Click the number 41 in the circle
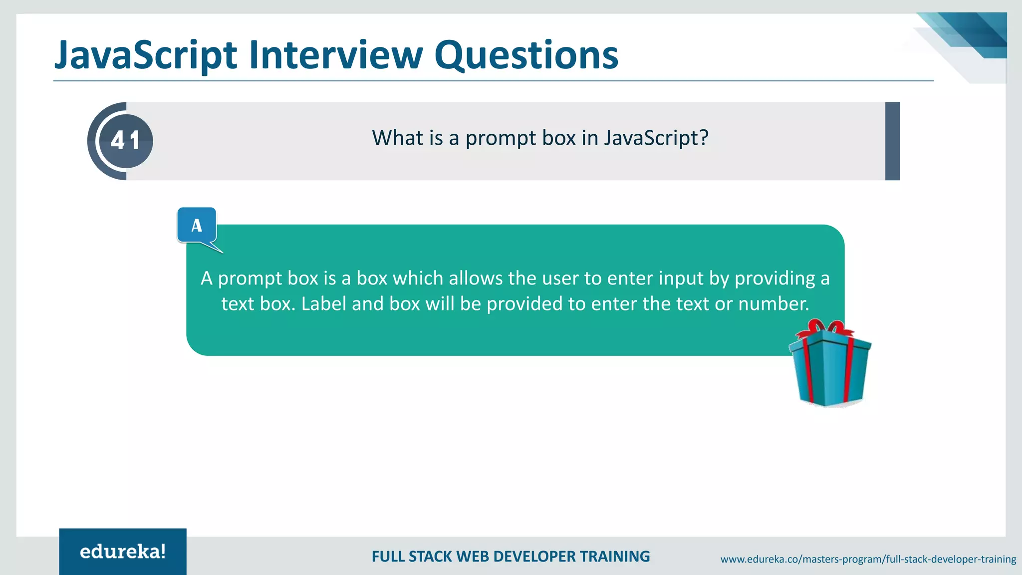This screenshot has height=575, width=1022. click(x=125, y=141)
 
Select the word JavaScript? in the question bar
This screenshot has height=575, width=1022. click(x=656, y=138)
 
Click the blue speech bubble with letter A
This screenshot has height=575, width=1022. click(x=197, y=226)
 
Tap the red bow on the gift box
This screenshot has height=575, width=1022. click(x=827, y=329)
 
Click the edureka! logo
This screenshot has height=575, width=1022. click(x=123, y=552)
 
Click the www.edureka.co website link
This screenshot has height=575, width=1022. click(x=868, y=559)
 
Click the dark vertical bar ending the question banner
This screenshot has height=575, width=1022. click(x=892, y=141)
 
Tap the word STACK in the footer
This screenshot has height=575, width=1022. click(x=430, y=557)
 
